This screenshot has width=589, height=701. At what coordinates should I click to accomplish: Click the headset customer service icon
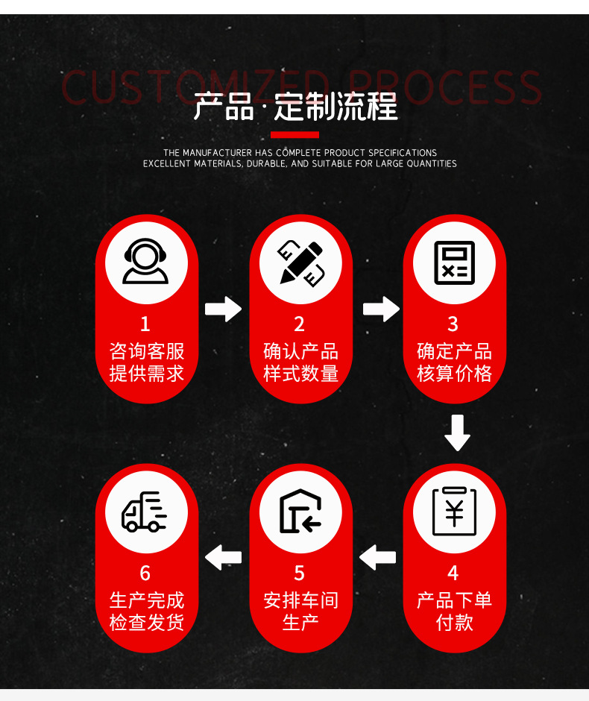[x=145, y=262]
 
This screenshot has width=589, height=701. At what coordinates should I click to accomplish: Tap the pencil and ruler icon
[x=300, y=262]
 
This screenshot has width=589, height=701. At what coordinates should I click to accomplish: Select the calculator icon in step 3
[x=454, y=262]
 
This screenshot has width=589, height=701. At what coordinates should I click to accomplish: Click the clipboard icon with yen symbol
[x=454, y=511]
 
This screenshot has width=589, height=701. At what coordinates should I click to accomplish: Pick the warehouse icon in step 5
[x=300, y=512]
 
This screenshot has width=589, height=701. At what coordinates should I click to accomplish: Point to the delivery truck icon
[x=145, y=512]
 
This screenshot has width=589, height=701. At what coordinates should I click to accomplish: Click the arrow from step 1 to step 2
[x=223, y=308]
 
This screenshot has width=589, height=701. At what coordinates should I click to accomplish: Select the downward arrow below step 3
[x=456, y=433]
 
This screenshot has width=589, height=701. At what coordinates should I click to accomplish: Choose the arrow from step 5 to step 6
[x=223, y=556]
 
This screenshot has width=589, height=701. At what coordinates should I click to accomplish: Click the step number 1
[x=145, y=324]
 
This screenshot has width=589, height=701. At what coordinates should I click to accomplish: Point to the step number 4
[x=453, y=573]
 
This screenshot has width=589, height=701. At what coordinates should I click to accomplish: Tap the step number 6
[x=145, y=573]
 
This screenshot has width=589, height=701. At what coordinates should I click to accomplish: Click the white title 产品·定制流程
[x=295, y=107]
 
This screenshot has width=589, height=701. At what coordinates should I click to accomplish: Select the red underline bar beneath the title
[x=294, y=135]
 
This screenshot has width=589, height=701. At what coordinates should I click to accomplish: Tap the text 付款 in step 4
[x=454, y=622]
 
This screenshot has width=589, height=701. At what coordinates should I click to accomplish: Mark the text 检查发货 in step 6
[x=146, y=622]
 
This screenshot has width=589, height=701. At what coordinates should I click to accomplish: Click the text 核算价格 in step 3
[x=454, y=373]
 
